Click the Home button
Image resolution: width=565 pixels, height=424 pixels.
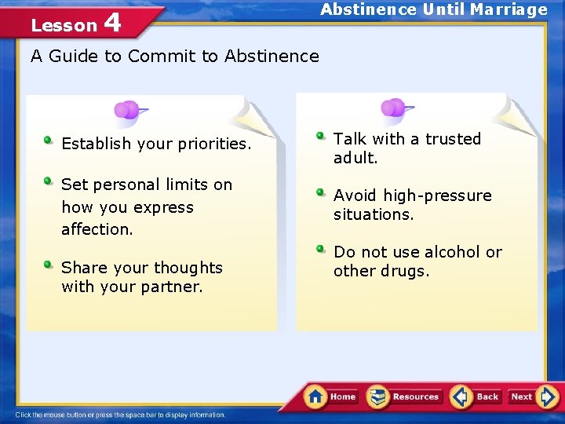point(331,397)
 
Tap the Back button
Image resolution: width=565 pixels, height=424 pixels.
point(476,397)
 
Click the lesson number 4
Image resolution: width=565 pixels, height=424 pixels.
point(112,23)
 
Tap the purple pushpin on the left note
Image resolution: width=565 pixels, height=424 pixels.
point(127,110)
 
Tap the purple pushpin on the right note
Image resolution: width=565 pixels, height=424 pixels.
point(394,108)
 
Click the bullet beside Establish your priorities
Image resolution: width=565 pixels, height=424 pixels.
point(49,141)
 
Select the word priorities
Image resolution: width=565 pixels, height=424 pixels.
point(213,144)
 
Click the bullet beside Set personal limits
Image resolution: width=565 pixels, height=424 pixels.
point(49,181)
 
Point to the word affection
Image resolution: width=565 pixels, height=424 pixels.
point(97,229)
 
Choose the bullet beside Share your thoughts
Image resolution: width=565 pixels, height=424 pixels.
point(49,265)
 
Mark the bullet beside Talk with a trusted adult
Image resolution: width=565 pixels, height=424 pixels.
point(321,136)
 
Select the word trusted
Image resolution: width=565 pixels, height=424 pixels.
point(453,139)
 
